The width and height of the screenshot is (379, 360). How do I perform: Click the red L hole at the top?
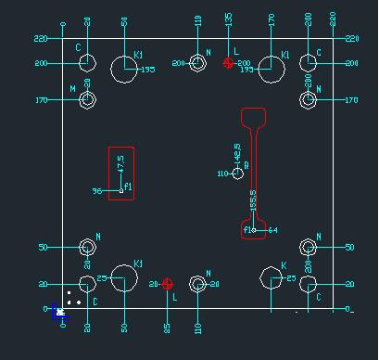pyautogui.click(x=229, y=63)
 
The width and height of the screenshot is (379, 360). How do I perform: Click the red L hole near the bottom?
pyautogui.click(x=168, y=284)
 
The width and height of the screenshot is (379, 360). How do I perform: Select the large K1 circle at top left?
pyautogui.click(x=123, y=68)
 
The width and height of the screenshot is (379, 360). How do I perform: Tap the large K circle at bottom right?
pyautogui.click(x=272, y=279)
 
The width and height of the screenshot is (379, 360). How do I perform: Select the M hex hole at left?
pyautogui.click(x=87, y=100)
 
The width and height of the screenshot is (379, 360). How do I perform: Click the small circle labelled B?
pyautogui.click(x=238, y=174)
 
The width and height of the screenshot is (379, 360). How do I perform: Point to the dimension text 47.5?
pyautogui.click(x=120, y=164)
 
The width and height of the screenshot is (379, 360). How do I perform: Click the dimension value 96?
pyautogui.click(x=96, y=191)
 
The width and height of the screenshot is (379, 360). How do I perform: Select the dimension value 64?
pyautogui.click(x=272, y=229)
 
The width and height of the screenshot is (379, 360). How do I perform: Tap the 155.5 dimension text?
pyautogui.click(x=254, y=201)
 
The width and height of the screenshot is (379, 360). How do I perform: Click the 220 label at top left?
pyautogui.click(x=40, y=39)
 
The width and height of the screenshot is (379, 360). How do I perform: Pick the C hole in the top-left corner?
pyautogui.click(x=87, y=63)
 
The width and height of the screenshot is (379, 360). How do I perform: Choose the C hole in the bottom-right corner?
pyautogui.click(x=310, y=284)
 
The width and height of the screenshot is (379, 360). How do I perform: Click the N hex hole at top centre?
pyautogui.click(x=197, y=63)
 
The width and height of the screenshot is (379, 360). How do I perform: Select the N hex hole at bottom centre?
pyautogui.click(x=197, y=284)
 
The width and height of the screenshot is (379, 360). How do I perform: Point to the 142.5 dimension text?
pyautogui.click(x=238, y=151)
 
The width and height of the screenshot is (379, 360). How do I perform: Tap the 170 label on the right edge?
pyautogui.click(x=350, y=100)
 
